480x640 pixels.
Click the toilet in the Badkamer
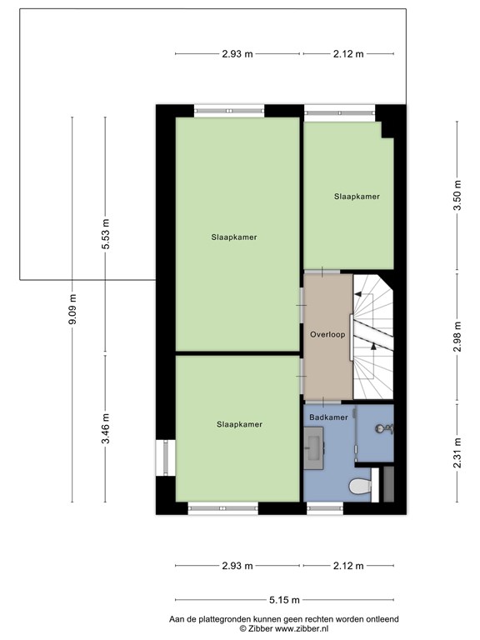(360, 486)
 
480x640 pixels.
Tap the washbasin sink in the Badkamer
(314, 447)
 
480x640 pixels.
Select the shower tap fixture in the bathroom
(383, 429)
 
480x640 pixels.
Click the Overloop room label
(327, 335)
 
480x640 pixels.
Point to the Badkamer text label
(328, 417)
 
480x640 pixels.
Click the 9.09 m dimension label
(72, 309)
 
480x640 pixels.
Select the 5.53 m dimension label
(105, 234)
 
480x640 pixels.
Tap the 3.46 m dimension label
(105, 428)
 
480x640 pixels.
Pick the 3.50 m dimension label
(457, 195)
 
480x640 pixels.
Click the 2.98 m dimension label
(457, 337)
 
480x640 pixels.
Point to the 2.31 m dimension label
(457, 453)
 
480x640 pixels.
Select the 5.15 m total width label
(284, 600)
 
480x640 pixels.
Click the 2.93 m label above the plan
(237, 54)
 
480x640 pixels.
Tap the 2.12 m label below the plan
(348, 566)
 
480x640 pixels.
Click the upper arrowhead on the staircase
(358, 293)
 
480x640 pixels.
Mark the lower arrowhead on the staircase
(373, 347)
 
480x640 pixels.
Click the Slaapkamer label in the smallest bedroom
(357, 197)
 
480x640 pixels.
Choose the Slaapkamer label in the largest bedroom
(234, 237)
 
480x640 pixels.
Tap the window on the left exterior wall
(166, 457)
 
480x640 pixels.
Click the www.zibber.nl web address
(302, 628)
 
